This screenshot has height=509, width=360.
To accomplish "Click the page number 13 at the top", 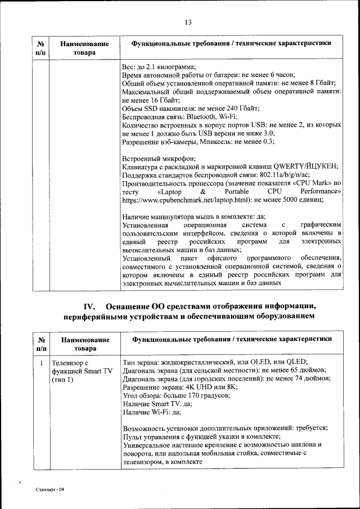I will (188, 22).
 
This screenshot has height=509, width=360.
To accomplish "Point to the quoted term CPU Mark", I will (315, 183).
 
